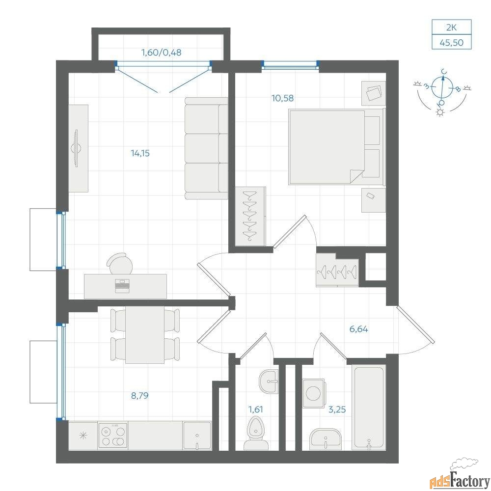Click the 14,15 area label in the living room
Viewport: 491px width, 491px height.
140,153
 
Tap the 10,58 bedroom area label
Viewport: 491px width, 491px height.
282,98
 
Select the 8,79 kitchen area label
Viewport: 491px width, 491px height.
139,396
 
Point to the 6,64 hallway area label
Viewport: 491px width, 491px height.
358,329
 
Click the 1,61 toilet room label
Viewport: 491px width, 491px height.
255,409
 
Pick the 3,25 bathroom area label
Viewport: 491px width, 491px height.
337,409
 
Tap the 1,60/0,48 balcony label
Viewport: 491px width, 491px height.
162,53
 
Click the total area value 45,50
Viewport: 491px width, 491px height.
452,42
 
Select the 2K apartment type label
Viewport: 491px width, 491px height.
452,27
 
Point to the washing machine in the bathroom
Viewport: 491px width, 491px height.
314,393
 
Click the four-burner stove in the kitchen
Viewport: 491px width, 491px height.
113,435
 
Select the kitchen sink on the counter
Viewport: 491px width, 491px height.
197,436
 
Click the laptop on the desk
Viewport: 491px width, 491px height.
122,286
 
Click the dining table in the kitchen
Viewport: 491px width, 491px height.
145,335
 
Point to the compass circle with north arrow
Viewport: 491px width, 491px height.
442,87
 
